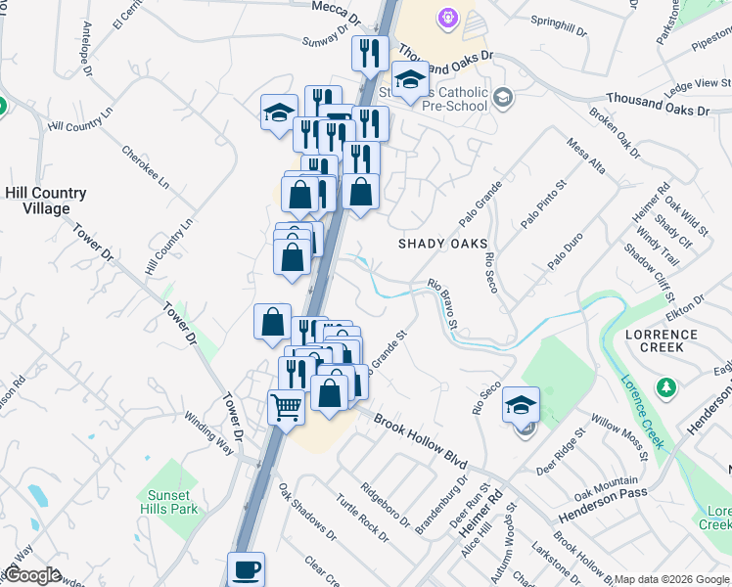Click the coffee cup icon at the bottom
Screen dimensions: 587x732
pos(246,568)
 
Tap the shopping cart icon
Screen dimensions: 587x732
pos(286,406)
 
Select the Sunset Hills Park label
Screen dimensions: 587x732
pos(172,502)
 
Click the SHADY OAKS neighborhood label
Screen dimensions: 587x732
pos(442,244)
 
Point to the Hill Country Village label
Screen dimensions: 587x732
pos(46,201)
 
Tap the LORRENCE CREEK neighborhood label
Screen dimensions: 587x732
pos(662,341)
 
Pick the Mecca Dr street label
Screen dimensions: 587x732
pos(337,7)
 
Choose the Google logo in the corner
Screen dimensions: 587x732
pos(32,574)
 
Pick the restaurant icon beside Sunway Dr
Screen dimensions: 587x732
pos(369,52)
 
